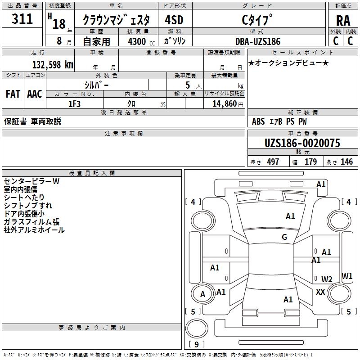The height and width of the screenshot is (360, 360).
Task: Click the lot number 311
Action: [22, 19]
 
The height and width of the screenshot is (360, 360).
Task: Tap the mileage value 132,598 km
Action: [53, 64]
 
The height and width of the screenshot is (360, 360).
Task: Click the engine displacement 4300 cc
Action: [137, 41]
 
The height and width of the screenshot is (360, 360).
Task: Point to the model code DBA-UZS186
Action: [257, 41]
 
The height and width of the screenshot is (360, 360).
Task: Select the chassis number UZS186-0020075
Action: [302, 143]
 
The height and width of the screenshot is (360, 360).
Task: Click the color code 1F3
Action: [74, 104]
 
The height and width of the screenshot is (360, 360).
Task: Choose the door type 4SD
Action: [175, 20]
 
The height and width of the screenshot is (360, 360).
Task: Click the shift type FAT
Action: [13, 94]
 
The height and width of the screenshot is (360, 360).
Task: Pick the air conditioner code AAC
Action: [35, 94]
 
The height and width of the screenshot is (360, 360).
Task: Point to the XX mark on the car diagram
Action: [320, 292]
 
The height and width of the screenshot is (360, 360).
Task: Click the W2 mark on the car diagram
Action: [327, 279]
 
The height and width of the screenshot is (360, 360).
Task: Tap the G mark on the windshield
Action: [284, 237]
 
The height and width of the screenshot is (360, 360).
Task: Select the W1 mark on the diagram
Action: [347, 276]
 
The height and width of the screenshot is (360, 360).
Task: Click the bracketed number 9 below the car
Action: [196, 344]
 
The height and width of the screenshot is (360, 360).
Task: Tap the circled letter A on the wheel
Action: [202, 294]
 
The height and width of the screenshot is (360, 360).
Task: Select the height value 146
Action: [346, 162]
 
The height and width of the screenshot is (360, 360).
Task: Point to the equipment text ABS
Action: [258, 121]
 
